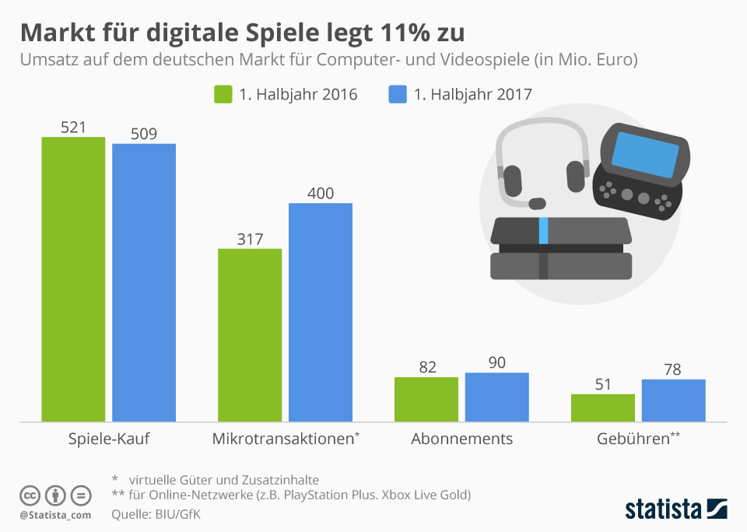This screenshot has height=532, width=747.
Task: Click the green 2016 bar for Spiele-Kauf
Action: pyautogui.click(x=73, y=279)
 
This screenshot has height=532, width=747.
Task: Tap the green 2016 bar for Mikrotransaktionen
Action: pyautogui.click(x=250, y=335)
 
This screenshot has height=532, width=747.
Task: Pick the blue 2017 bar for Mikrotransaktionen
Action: pyautogui.click(x=321, y=312)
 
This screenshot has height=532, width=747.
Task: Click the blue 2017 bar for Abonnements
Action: pyautogui.click(x=496, y=397)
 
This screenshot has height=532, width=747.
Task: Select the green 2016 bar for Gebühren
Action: pyautogui.click(x=603, y=408)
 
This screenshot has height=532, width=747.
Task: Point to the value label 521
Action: pyautogui.click(x=73, y=127)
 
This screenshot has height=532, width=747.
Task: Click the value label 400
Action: pyautogui.click(x=321, y=193)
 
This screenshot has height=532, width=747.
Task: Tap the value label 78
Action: pyautogui.click(x=673, y=369)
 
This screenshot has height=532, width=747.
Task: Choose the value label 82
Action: pyautogui.click(x=427, y=367)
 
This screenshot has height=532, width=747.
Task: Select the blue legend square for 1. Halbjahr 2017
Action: pyautogui.click(x=397, y=94)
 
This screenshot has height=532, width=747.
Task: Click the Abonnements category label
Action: pyautogui.click(x=461, y=439)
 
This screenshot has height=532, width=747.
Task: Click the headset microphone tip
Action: pyautogui.click(x=536, y=204)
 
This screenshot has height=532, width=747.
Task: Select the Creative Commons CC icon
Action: pyautogui.click(x=30, y=495)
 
